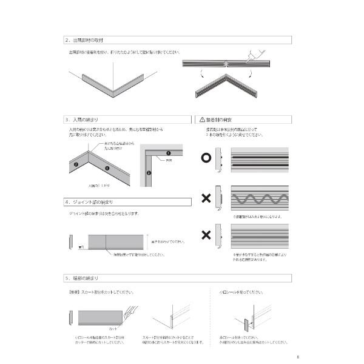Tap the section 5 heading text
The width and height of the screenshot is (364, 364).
pyautogui.click(x=85, y=278)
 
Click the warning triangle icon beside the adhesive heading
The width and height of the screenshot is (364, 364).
pyautogui.click(x=201, y=120)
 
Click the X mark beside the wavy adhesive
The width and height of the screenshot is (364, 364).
pyautogui.click(x=206, y=198)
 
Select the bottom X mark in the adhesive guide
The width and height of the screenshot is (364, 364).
pyautogui.click(x=206, y=235)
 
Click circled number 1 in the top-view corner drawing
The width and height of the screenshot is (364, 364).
pyautogui.click(x=169, y=152)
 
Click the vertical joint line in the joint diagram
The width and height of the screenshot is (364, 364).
pyautogui.click(x=107, y=243)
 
